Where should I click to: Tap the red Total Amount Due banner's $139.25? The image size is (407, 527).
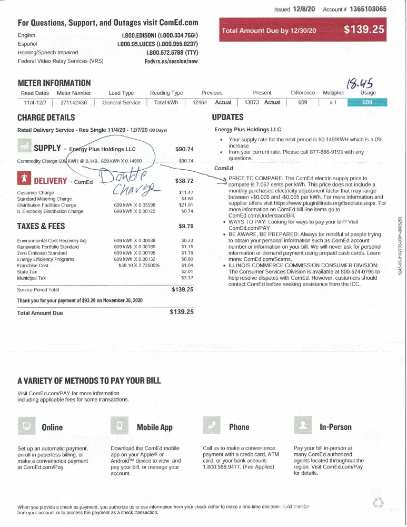coord(364,30)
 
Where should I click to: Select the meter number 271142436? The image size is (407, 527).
coord(74,103)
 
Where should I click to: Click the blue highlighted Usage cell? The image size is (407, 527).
coord(368,103)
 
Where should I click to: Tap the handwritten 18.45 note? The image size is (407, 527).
coord(358,83)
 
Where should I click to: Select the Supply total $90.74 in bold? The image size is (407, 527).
coord(184,149)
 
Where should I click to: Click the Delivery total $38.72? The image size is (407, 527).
coord(184,181)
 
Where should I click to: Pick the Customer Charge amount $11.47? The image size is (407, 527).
coord(186,192)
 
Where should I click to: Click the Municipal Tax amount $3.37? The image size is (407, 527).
coord(187,278)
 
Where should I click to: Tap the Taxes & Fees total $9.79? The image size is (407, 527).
coord(186,227)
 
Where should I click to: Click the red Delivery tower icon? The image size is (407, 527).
coord(24,179)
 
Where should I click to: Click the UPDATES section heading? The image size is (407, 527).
coord(227,117)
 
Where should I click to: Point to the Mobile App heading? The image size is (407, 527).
coord(154,427)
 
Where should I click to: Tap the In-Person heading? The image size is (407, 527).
coord(335,427)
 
